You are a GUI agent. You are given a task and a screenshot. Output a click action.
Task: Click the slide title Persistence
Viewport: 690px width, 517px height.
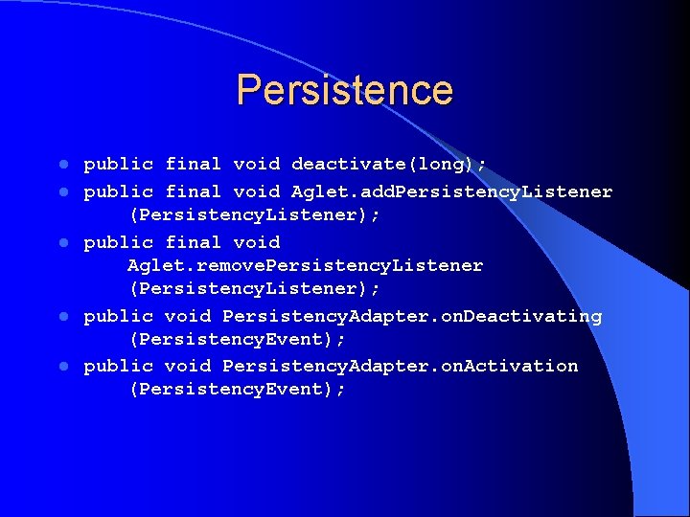[344, 90]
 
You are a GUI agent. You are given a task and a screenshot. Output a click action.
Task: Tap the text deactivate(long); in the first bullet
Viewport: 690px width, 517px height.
[388, 165]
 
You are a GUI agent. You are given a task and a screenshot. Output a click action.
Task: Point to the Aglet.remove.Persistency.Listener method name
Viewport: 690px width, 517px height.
[305, 265]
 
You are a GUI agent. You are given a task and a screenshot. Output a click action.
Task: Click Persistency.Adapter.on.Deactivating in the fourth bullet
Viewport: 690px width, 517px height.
[412, 316]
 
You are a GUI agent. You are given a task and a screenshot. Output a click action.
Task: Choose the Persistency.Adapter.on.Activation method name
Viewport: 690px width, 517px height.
[400, 366]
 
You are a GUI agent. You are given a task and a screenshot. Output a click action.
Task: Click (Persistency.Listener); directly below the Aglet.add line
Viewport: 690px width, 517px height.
[254, 215]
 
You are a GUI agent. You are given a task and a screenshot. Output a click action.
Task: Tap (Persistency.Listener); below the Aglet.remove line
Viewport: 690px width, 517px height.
[254, 288]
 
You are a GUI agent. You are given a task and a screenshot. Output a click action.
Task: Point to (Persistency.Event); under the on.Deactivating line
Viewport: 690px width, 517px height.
[237, 339]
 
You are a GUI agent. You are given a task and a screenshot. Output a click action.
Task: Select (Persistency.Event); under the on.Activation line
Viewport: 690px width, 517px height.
[237, 390]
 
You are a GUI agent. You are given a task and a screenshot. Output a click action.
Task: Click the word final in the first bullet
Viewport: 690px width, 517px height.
[193, 165]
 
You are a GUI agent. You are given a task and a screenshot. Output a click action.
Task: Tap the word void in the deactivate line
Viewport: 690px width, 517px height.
[256, 165]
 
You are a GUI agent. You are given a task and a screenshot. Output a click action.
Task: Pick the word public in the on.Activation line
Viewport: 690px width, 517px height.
[118, 366]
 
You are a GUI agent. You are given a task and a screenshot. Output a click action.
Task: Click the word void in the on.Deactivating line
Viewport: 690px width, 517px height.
[187, 316]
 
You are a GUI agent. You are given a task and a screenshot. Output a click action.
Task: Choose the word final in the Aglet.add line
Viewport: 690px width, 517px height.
[193, 191]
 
